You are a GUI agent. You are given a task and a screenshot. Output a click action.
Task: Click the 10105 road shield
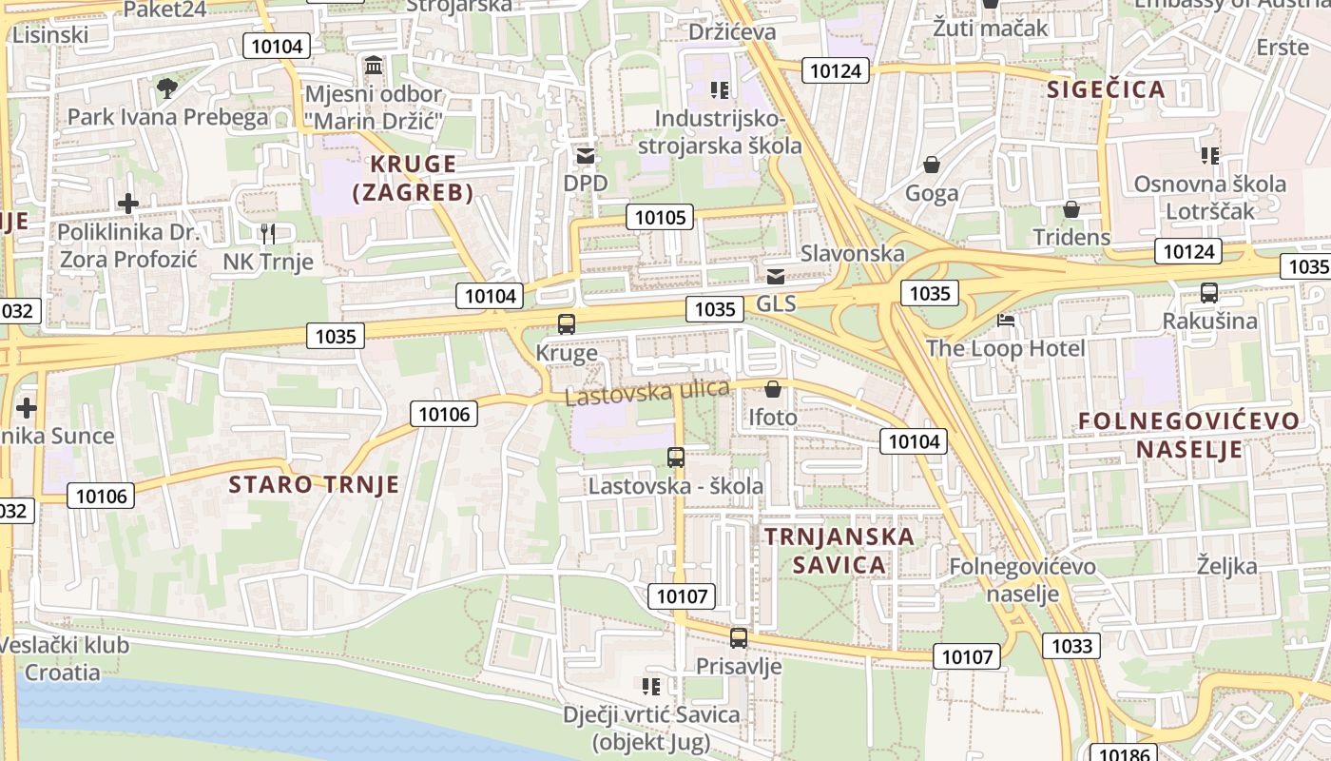point(660,217)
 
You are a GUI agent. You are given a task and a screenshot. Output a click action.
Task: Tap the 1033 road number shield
point(1071,647)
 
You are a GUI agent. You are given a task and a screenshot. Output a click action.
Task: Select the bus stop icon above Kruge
point(567,324)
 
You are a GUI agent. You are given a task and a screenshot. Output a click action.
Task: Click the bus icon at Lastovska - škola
point(676,458)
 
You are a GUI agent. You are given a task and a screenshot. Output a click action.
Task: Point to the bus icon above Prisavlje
point(739,638)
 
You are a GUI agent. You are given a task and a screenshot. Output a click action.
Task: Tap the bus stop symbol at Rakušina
point(1209,293)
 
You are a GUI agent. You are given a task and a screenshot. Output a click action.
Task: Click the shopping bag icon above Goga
point(932,165)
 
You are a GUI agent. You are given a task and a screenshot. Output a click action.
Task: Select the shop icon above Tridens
point(1071,209)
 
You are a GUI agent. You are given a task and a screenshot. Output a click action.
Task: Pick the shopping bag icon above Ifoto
point(773,389)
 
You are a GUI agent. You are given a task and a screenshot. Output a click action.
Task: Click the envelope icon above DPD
point(585,155)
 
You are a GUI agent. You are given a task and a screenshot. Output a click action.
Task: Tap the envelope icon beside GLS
point(776,277)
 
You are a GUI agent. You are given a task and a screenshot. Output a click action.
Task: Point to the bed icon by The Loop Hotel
point(1006,321)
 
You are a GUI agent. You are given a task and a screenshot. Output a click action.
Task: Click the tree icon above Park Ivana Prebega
point(167,88)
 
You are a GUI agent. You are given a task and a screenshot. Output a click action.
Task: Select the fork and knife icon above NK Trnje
point(268,233)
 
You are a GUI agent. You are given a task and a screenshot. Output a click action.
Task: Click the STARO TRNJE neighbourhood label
point(314,484)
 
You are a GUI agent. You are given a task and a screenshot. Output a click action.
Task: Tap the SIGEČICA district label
point(1106,89)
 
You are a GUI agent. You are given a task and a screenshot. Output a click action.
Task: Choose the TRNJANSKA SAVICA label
point(839,551)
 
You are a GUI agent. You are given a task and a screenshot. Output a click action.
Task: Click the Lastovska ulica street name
point(647,391)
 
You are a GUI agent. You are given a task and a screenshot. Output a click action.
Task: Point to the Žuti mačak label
point(991,28)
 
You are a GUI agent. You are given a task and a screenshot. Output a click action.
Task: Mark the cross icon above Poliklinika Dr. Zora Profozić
point(127,203)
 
